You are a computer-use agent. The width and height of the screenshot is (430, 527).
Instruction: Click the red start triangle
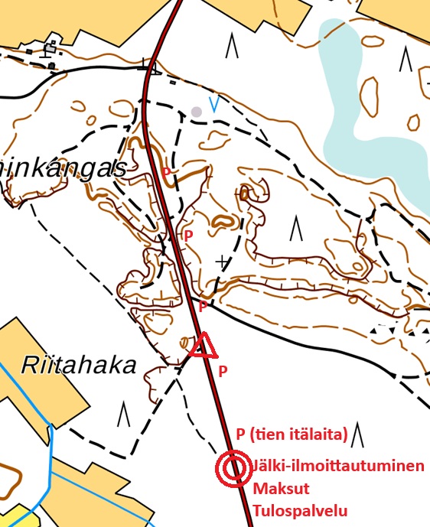click(x=204, y=347)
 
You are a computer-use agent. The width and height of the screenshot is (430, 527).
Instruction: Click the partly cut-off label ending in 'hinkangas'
click(x=62, y=169)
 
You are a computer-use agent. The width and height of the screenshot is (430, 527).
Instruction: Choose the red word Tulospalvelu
click(x=298, y=511)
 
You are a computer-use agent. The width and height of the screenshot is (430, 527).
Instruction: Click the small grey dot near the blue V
click(x=197, y=112)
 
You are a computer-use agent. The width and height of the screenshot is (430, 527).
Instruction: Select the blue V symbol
click(x=214, y=106)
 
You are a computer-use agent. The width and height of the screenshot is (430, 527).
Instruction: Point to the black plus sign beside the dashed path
click(x=222, y=262)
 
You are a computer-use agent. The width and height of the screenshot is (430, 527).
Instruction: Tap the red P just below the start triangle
click(x=223, y=372)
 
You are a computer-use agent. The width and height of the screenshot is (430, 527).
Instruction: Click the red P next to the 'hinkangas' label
click(x=166, y=173)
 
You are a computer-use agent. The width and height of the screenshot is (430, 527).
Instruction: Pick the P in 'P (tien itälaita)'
click(x=240, y=434)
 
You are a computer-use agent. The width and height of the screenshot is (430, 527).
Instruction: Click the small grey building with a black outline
click(x=50, y=50)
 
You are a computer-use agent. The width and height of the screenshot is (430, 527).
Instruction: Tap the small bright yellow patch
click(x=24, y=516)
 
